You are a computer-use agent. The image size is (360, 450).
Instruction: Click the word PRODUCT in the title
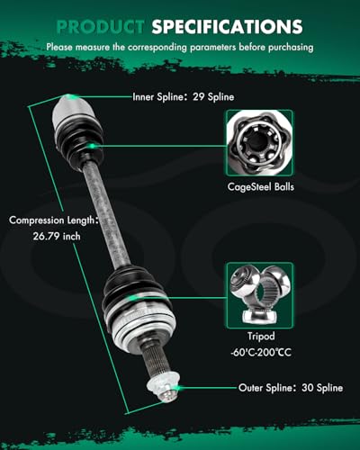click(100, 27)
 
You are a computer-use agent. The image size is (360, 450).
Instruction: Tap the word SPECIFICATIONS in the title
click(227, 27)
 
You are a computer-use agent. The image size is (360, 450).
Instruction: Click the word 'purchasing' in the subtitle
click(291, 47)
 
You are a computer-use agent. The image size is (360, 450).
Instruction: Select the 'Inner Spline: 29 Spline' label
click(183, 96)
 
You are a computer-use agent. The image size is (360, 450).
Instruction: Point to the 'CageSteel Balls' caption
click(260, 186)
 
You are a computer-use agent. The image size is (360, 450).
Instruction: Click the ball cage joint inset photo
click(260, 143)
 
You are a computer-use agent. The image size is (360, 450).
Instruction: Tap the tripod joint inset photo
click(260, 295)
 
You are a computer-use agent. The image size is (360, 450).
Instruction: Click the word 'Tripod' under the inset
click(261, 337)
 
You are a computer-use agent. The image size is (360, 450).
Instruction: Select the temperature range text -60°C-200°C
click(261, 352)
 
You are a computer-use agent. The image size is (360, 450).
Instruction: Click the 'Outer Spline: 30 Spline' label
click(291, 388)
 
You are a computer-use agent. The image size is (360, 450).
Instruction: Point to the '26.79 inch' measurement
click(57, 236)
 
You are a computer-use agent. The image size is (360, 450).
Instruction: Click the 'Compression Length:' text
click(54, 220)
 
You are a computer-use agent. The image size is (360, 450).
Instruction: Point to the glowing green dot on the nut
click(177, 388)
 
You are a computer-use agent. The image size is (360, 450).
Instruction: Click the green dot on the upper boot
click(92, 146)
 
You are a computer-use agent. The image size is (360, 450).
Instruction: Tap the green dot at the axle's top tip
click(73, 96)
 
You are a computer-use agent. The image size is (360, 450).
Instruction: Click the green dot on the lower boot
click(134, 298)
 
